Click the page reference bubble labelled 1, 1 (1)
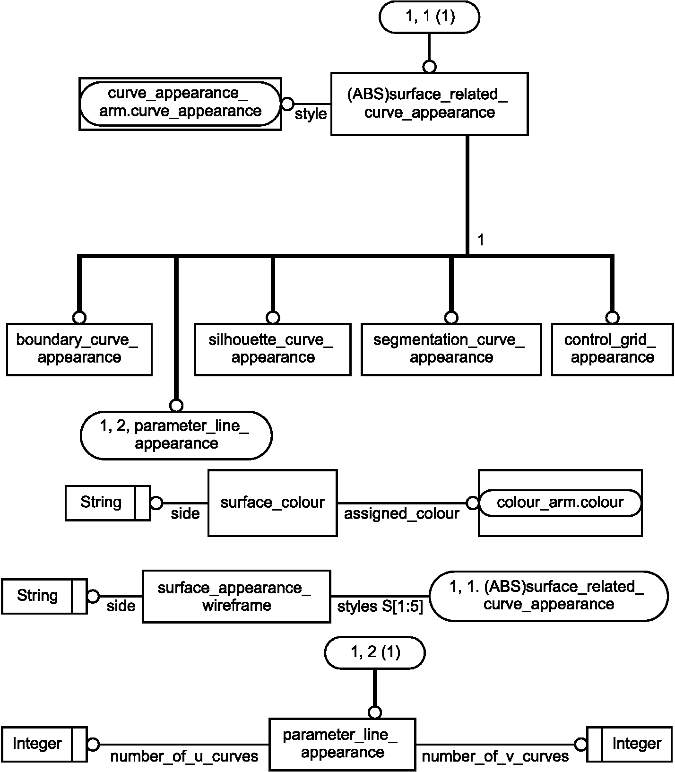429,17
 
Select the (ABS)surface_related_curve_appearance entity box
429,104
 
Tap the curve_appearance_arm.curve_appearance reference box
180,104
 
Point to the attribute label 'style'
311,114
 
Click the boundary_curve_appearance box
79,349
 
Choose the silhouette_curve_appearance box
273,349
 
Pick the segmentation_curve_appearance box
451,349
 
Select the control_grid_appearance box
612,349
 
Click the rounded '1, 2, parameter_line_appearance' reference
176,435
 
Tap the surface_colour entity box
272,503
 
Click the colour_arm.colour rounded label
560,503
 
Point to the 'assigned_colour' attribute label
401,514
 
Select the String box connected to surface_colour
108,503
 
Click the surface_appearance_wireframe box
236,596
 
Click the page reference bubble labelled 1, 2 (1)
375,652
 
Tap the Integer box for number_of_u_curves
44,744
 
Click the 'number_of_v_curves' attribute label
495,756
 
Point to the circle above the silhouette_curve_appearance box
273,317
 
